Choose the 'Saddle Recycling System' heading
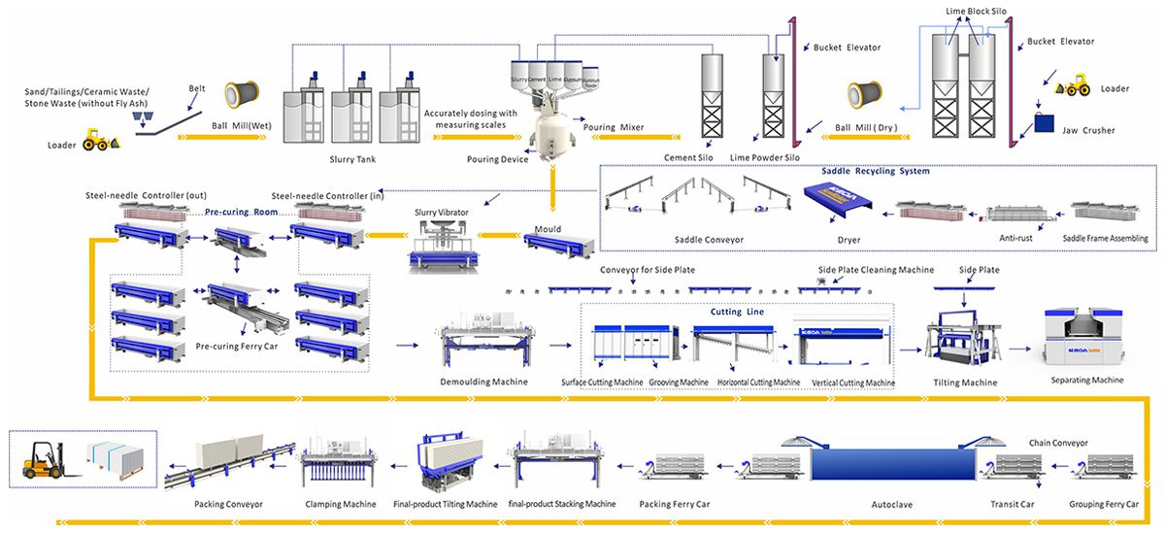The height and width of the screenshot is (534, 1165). coord(875,172)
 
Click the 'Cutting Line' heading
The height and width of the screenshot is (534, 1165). coord(743,312)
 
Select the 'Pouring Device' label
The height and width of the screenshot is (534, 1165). coord(497,159)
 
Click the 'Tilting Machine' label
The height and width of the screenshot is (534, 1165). coord(965,383)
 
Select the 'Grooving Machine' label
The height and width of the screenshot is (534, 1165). coord(679,383)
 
